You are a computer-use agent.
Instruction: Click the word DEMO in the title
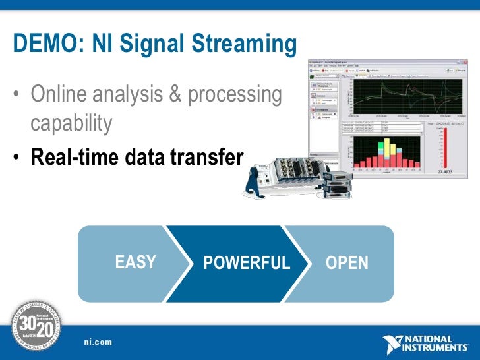tap(38, 45)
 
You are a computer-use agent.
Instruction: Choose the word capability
tap(71, 123)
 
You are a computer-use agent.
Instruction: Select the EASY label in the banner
tap(135, 262)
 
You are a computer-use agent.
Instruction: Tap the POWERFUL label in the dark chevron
tap(247, 263)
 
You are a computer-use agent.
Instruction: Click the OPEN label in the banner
tap(347, 263)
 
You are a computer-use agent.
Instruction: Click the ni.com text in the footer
tap(98, 342)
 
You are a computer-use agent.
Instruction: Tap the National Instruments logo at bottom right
tap(427, 344)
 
